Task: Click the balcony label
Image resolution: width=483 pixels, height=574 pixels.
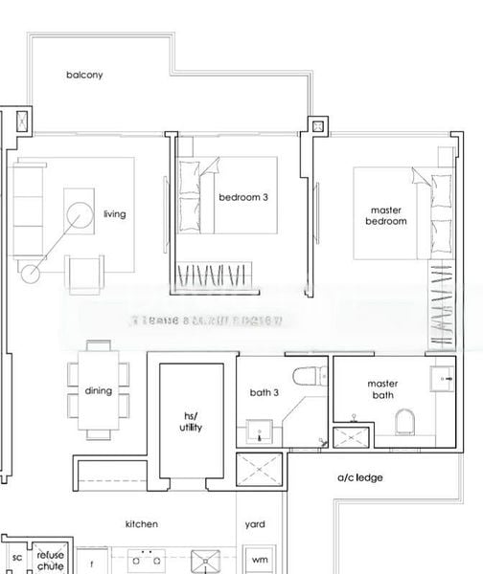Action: pos(84,75)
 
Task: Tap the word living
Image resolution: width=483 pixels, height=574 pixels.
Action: pos(114,214)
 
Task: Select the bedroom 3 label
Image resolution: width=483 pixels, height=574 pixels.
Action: pos(243,198)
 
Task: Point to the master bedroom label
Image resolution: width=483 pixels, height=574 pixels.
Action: pos(385,215)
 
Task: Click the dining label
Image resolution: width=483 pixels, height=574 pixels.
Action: pos(98,390)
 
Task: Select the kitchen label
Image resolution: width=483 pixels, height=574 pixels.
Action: pos(142,524)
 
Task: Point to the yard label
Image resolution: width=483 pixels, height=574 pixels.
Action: pos(255,524)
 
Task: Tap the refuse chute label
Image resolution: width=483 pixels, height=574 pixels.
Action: pos(50,561)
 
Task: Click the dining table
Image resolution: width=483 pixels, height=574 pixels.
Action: pos(99,390)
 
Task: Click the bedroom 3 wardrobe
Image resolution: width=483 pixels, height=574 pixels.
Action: pos(215,276)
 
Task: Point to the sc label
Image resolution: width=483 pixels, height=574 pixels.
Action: pos(16,558)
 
